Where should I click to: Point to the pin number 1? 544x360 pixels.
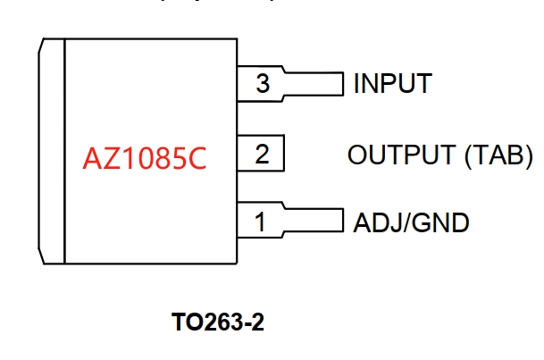point(260,221)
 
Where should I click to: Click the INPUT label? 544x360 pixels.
point(392,85)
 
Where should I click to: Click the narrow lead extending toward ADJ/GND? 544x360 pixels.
point(313,220)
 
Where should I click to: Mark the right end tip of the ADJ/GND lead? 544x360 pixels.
point(342,220)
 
